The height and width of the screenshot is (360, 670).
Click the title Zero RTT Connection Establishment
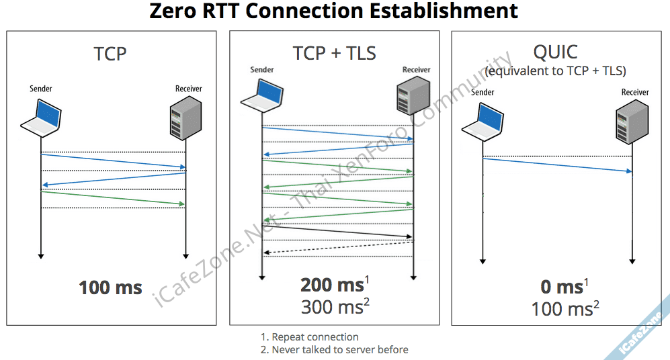point(334,11)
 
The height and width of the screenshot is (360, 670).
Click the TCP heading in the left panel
point(110,54)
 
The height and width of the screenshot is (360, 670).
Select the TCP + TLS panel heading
point(334,53)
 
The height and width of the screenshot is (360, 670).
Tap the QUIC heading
point(555,52)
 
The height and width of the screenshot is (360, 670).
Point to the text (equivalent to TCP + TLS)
point(555,70)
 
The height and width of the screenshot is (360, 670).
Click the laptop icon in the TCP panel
point(41,116)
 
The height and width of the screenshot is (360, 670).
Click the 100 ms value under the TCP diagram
point(110,288)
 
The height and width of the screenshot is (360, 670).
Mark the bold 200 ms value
point(332,285)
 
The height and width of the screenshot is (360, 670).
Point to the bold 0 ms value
point(562,287)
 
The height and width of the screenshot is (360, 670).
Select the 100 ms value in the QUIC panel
point(562,309)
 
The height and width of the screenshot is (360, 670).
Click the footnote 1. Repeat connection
point(310,337)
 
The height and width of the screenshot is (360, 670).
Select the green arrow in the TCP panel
point(113,197)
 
